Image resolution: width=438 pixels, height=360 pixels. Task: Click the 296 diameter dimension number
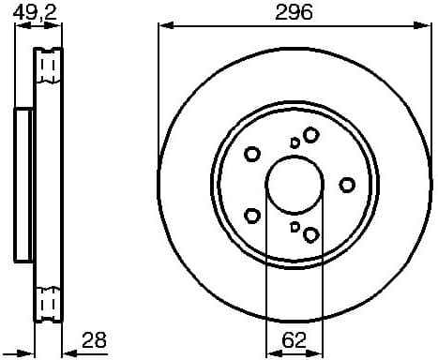coord(295,12)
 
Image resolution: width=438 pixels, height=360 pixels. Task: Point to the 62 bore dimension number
coord(295,340)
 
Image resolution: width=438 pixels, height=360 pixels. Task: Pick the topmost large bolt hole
coord(310,136)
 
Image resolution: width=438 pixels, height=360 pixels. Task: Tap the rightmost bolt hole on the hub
coord(346,184)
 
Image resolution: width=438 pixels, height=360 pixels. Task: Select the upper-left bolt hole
coord(252,154)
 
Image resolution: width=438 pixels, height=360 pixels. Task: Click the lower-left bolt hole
coord(251,215)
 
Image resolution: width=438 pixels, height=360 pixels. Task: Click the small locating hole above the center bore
coord(295,142)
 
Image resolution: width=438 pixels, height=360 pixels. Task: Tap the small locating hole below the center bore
coord(295,226)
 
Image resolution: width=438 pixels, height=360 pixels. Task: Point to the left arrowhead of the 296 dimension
coord(162,27)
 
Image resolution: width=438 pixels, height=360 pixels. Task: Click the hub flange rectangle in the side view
coord(24,184)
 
